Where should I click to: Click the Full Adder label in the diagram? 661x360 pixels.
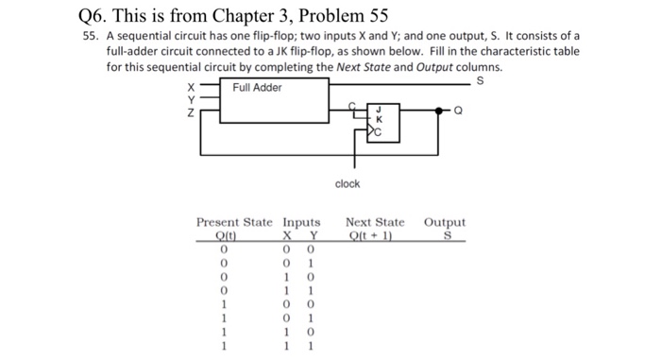pyautogui.click(x=258, y=88)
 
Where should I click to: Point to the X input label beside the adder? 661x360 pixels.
pyautogui.click(x=190, y=88)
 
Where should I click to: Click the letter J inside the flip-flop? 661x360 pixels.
pyautogui.click(x=380, y=110)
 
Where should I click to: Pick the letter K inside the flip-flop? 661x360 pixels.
pyautogui.click(x=380, y=119)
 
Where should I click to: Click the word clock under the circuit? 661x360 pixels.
pyautogui.click(x=347, y=183)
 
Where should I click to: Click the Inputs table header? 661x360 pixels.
pyautogui.click(x=302, y=223)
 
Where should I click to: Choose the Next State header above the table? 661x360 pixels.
pyautogui.click(x=375, y=223)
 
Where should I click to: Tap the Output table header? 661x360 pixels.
pyautogui.click(x=445, y=223)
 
